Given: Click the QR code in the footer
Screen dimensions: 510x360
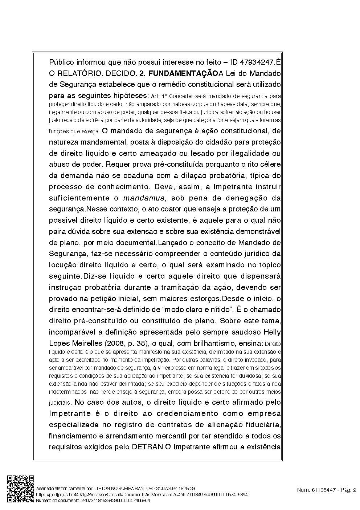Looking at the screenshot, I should (x=21, y=489).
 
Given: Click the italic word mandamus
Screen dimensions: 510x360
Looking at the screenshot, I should (x=144, y=198).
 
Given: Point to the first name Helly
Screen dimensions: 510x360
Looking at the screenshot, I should (x=272, y=332).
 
